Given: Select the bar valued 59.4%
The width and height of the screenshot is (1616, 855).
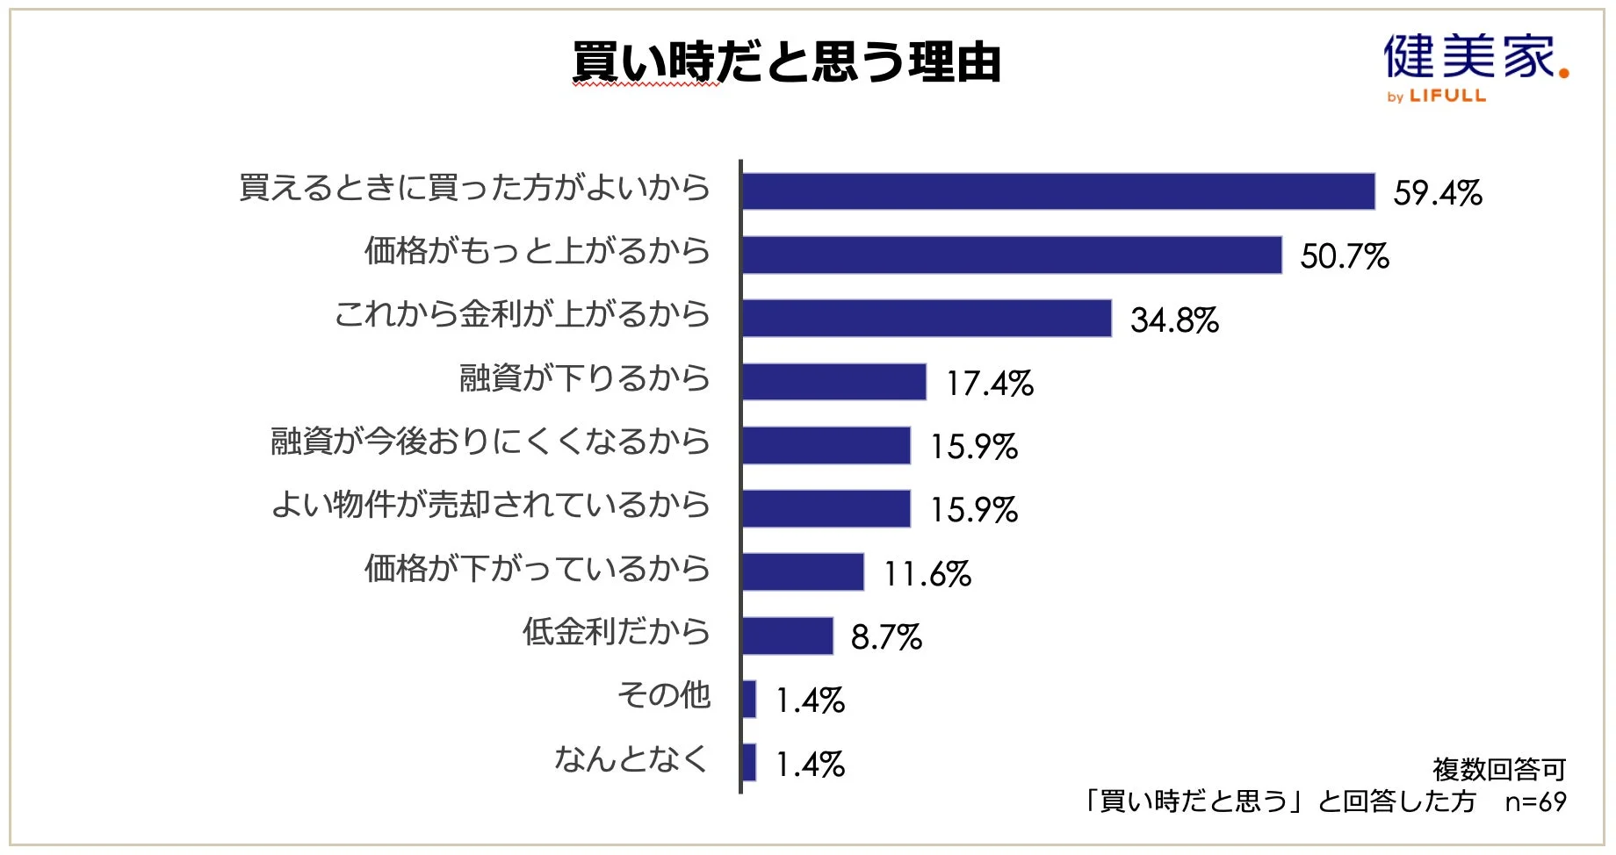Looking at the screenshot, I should (x=1058, y=191).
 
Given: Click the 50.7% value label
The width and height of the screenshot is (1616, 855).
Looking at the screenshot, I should (x=1345, y=256).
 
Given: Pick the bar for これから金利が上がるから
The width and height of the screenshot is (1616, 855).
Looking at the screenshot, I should (x=927, y=318).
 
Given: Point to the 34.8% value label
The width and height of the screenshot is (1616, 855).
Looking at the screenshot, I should (x=1174, y=320).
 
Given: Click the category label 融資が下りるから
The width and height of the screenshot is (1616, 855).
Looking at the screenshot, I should (x=584, y=378).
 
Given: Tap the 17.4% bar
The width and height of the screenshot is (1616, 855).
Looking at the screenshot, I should (x=834, y=382).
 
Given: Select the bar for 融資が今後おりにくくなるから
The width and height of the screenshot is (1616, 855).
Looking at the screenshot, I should (x=826, y=445).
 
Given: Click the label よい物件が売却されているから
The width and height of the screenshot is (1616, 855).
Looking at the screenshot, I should (x=490, y=505).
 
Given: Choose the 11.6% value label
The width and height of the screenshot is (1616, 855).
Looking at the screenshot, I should (x=927, y=574).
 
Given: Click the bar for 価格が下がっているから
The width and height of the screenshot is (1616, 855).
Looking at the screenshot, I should (x=803, y=572).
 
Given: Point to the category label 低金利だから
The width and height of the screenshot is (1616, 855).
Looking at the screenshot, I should (x=616, y=632).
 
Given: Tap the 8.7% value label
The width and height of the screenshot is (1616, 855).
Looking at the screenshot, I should (x=886, y=637).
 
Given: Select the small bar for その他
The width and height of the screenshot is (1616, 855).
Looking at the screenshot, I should (x=749, y=699).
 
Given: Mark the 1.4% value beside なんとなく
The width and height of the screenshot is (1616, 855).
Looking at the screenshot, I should (x=810, y=765).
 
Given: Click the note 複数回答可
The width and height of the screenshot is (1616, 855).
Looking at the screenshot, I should (x=1499, y=770).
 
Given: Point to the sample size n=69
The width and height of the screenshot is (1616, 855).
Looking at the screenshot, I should (x=1535, y=801).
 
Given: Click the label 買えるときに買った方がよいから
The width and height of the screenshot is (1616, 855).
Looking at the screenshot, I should (x=474, y=188).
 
